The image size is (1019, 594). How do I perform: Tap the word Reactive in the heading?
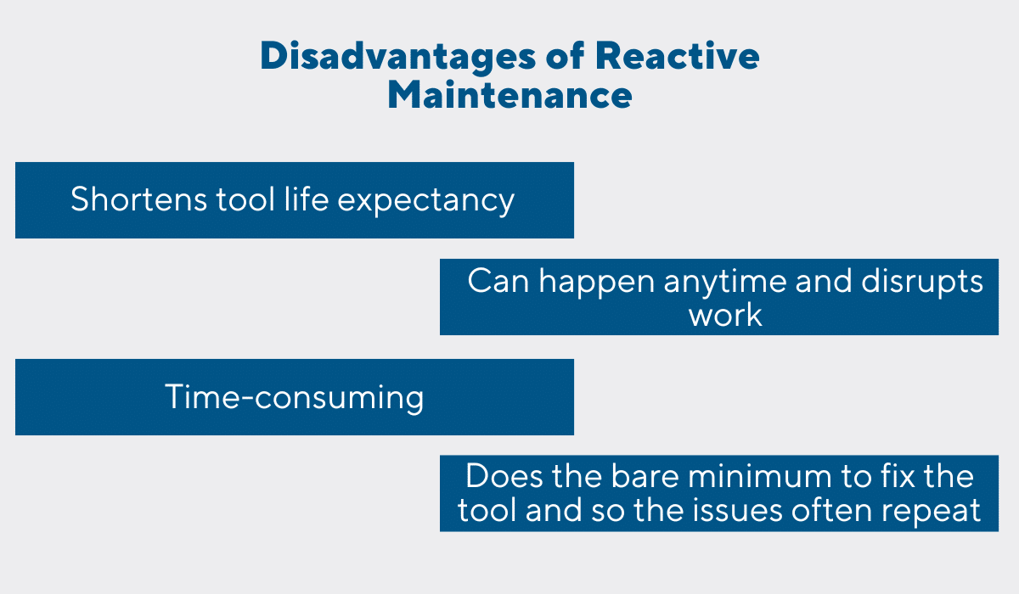pos(678,55)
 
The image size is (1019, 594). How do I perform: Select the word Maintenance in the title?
pos(510,94)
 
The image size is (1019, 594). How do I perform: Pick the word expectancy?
pos(425,202)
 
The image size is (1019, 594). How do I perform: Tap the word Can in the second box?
pos(498,282)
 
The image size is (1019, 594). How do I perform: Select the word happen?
pos(597,283)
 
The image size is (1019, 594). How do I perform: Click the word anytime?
pos(725,283)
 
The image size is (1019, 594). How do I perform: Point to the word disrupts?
pos(922,283)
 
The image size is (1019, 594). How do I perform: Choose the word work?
pos(725,315)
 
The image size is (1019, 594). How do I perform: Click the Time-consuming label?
pos(295,398)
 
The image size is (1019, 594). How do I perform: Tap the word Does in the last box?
pos(504,477)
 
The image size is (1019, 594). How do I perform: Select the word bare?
pos(645,476)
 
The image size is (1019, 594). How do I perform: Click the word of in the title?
pos(566,55)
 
